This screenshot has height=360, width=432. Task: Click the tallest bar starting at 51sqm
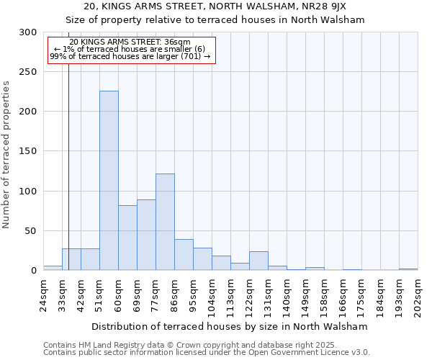pos(109,180)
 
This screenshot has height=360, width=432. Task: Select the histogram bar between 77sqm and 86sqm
pos(165,222)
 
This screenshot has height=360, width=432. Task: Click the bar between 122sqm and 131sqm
pos(258,261)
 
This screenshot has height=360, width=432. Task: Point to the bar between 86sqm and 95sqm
pos(184,255)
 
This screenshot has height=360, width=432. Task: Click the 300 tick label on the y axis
pos(28,32)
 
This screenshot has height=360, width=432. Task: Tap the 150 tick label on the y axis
pos(28,151)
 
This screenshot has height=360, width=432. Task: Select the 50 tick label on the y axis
pos(31,231)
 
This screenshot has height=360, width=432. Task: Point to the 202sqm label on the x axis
pos(418,294)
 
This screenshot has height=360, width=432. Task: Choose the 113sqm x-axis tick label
pos(231,294)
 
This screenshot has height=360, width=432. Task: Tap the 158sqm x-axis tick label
pos(325,294)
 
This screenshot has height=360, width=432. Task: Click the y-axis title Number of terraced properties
pos(6,154)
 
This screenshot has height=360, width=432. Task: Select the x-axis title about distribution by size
pos(230,326)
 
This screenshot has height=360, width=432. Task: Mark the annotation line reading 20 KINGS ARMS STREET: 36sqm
pos(130,42)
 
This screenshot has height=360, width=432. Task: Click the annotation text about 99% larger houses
pos(130,56)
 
